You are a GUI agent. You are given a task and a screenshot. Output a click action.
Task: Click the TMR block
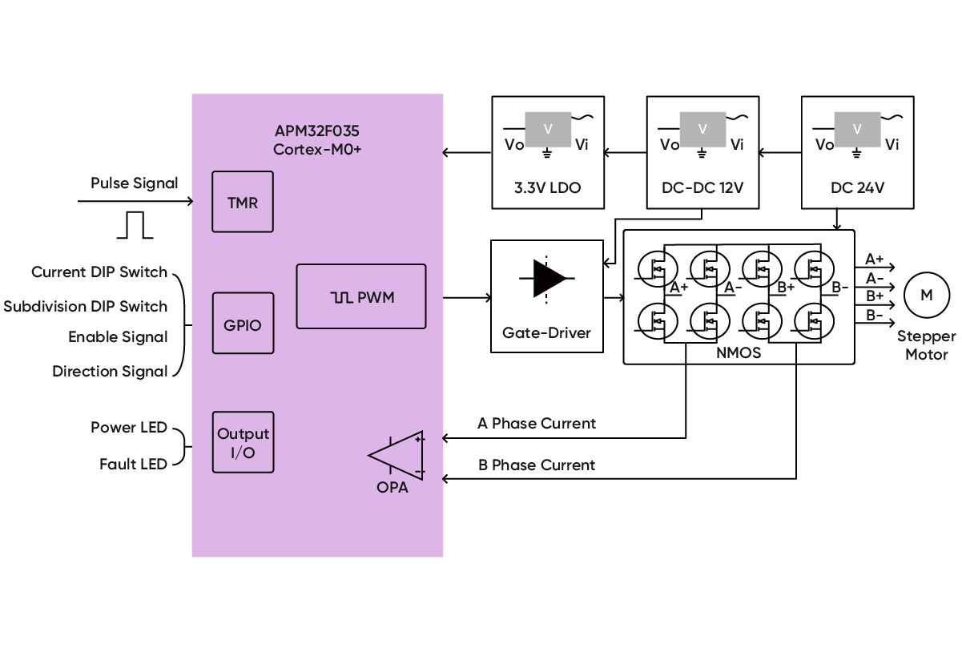[243, 202]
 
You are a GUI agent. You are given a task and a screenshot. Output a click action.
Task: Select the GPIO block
[243, 324]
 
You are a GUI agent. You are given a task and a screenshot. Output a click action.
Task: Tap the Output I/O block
[243, 442]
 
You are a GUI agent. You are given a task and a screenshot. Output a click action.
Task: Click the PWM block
[362, 297]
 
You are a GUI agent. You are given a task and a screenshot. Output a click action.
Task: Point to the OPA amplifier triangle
[398, 455]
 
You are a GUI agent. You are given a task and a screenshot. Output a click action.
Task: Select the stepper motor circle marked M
[926, 296]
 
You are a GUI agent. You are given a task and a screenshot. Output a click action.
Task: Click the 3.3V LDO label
[547, 189]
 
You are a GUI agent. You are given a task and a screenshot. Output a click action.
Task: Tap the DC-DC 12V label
[702, 189]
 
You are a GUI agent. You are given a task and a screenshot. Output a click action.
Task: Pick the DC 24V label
[857, 189]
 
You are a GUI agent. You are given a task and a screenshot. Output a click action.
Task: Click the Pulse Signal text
[134, 183]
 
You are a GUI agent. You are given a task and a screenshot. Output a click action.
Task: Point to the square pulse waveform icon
[135, 225]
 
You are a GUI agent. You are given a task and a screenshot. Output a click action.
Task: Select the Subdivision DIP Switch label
[86, 307]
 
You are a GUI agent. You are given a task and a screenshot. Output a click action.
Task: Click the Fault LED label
[133, 464]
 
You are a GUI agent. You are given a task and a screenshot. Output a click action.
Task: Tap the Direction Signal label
[110, 372]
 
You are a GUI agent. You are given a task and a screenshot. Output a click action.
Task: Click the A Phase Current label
[537, 423]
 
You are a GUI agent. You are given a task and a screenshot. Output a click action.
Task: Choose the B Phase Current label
[537, 465]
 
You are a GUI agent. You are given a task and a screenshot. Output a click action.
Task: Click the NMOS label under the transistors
[739, 352]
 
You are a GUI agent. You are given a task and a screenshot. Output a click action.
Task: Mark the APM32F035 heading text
[318, 132]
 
